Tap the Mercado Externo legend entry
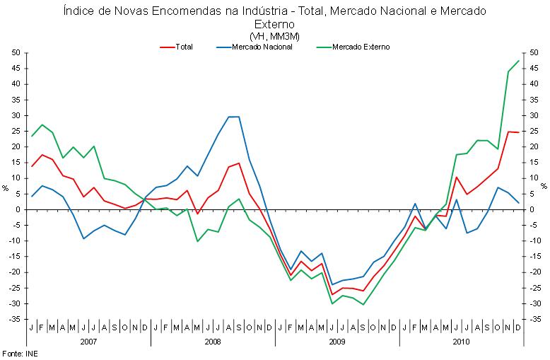tap(360, 47)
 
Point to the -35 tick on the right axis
tap(537, 320)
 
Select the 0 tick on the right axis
tap(532, 210)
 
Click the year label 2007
tap(88, 342)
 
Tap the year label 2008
tap(213, 342)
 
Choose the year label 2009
tap(337, 342)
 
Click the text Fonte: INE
tap(20, 353)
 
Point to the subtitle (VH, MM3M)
tap(274, 35)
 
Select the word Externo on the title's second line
tap(274, 25)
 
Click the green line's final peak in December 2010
tap(519, 60)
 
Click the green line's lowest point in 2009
tap(363, 304)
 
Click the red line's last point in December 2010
tap(519, 132)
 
